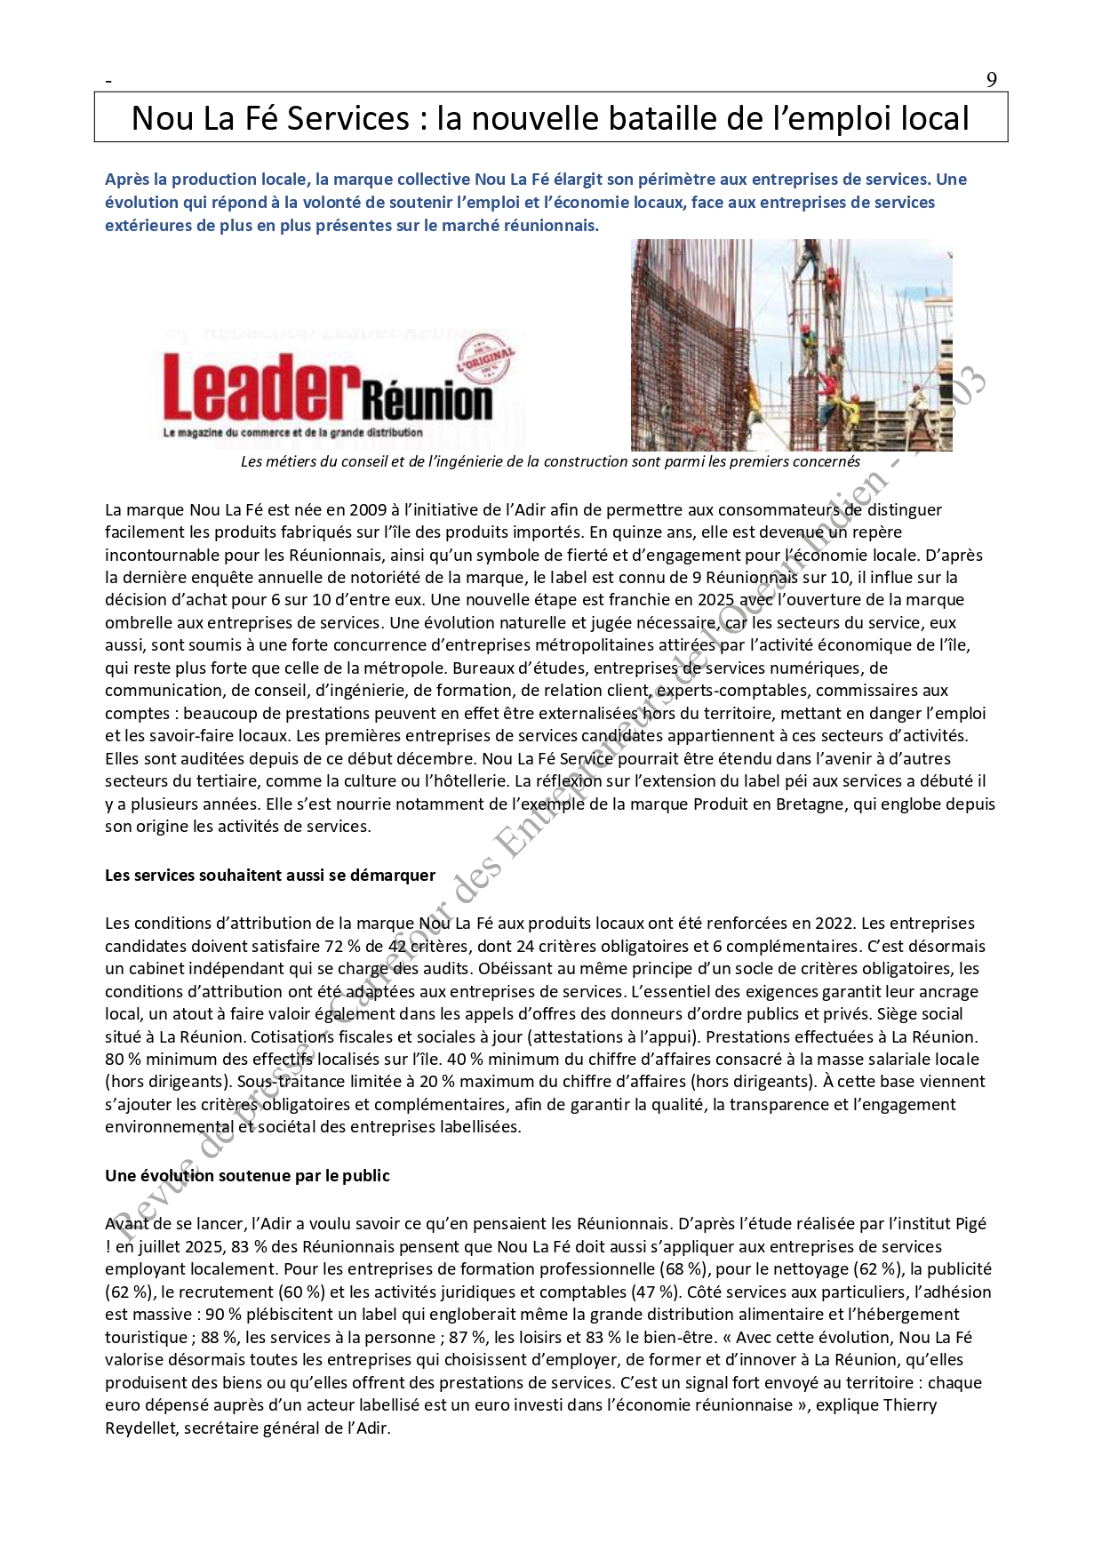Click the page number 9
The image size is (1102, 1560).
click(991, 80)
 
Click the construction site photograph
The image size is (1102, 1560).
click(791, 345)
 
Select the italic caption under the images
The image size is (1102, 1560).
click(550, 461)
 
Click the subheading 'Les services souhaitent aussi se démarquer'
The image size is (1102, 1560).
click(270, 875)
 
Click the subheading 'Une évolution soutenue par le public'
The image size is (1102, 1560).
click(247, 1175)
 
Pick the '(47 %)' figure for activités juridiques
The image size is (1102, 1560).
click(656, 1292)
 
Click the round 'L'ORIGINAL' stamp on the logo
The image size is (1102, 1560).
click(485, 355)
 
